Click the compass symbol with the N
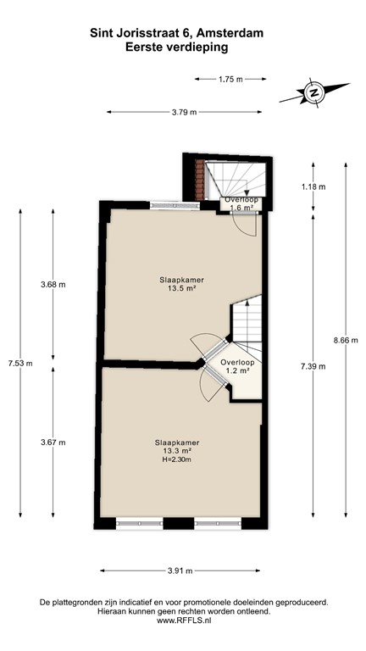point(315,92)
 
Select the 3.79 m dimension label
point(183,112)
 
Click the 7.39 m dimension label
point(313,366)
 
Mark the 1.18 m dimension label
point(313,186)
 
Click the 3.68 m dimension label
point(53,285)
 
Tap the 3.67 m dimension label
point(53,442)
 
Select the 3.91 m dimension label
point(180,570)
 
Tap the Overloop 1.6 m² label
point(241,203)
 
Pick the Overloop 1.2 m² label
point(236,366)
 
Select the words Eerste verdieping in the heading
point(176,48)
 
